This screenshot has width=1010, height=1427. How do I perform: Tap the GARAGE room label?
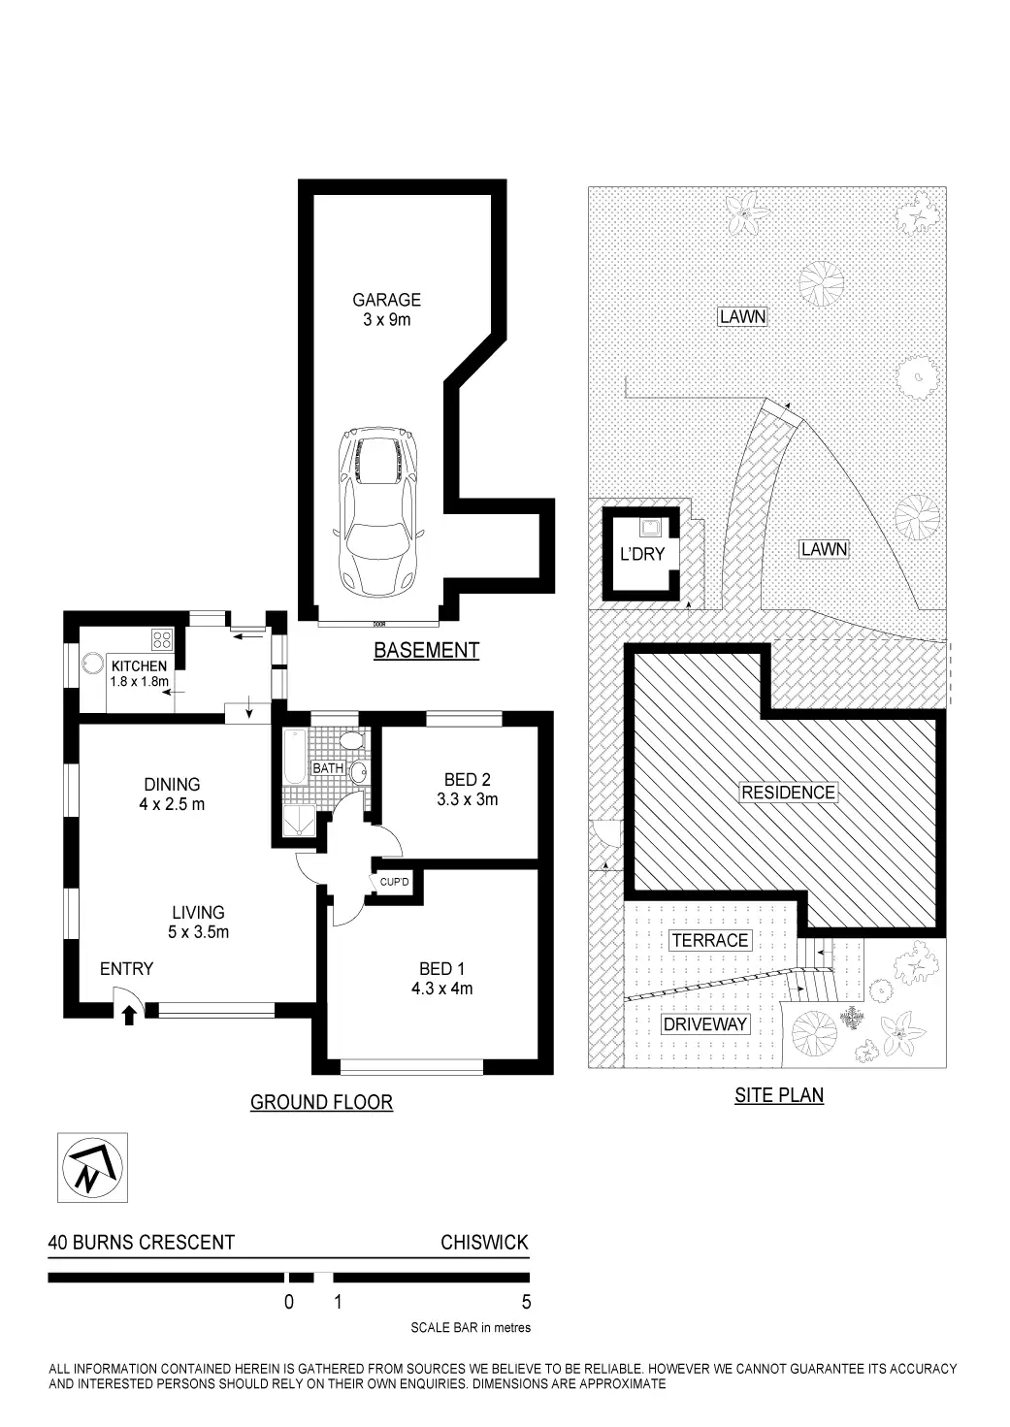click(x=386, y=301)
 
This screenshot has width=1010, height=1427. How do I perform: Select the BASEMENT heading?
click(x=426, y=650)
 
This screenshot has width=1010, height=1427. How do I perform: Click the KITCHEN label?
click(x=139, y=666)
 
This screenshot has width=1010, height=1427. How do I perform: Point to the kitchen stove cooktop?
click(x=162, y=639)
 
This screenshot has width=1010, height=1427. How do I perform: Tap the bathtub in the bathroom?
click(x=292, y=757)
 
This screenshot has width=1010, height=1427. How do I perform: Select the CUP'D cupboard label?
click(x=395, y=882)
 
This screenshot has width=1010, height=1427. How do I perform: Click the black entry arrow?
click(x=129, y=1015)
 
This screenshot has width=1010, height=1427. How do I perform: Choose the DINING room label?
click(x=172, y=784)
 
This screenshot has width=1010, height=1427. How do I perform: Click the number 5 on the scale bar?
click(x=527, y=1302)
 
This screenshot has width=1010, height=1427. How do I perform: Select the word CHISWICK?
click(x=484, y=1243)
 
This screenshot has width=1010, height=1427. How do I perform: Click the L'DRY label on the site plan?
click(x=641, y=554)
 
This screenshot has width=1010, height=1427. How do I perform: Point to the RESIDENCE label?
click(x=788, y=793)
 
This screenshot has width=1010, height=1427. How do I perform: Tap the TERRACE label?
click(x=709, y=940)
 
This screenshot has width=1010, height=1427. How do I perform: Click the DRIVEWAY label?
click(x=705, y=1024)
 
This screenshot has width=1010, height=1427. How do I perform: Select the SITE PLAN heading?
click(x=778, y=1095)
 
